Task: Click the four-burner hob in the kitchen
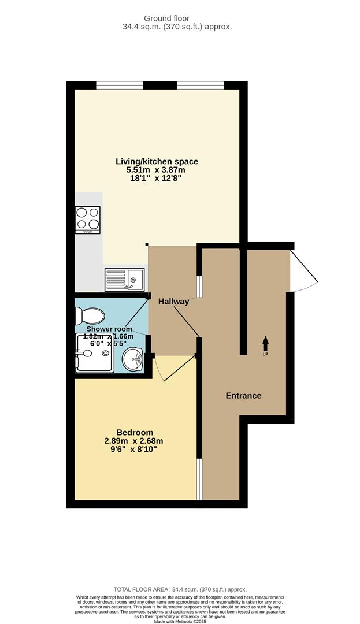pos(87,220)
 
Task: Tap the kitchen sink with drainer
pos(124,280)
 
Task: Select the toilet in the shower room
pos(89,315)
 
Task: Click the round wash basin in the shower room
pos(135,359)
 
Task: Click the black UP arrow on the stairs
pos(266,343)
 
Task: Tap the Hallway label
pos(174,302)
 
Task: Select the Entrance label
pos(243,396)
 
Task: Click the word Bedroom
pos(135,432)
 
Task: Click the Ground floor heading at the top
pos(184,18)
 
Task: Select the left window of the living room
pos(120,86)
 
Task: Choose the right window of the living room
pos(201,86)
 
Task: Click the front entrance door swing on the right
pos(303,269)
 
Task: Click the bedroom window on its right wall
pos(199,479)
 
